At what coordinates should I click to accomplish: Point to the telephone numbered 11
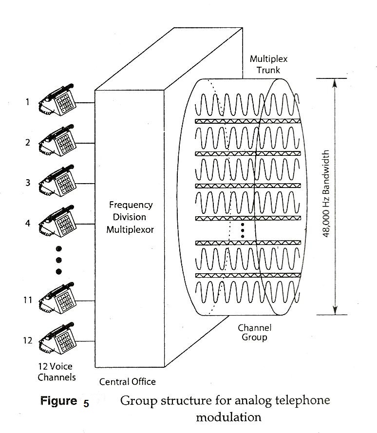pyautogui.click(x=58, y=299)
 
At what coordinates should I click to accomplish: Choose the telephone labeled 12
pyautogui.click(x=58, y=339)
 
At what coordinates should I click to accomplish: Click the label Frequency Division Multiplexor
pyautogui.click(x=130, y=217)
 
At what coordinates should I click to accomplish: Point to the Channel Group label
pyautogui.click(x=255, y=332)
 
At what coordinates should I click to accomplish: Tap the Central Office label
pyautogui.click(x=128, y=381)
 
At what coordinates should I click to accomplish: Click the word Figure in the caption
pyautogui.click(x=58, y=401)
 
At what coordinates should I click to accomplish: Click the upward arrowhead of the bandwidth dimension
pyautogui.click(x=335, y=83)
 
